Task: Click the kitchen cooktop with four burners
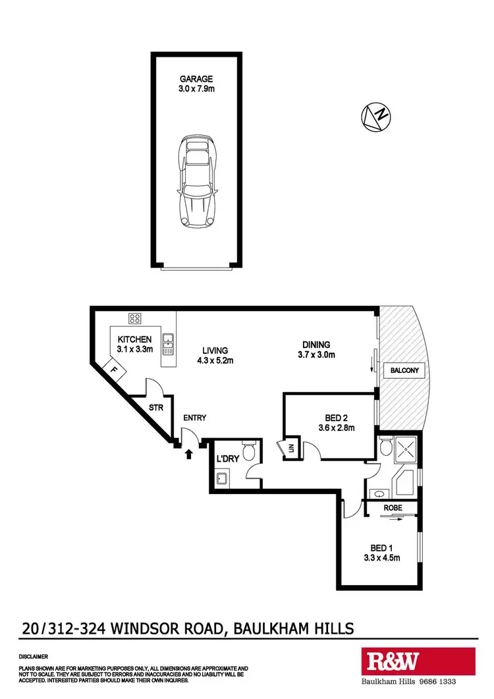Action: point(135,319)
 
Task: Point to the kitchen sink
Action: point(168,341)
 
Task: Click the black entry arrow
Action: point(190,453)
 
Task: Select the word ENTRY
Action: point(195,418)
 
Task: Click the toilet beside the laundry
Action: point(248,451)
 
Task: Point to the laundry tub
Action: point(222,479)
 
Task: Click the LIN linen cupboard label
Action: point(288,449)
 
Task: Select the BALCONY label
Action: point(403,372)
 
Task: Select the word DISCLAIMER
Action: point(33,657)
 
